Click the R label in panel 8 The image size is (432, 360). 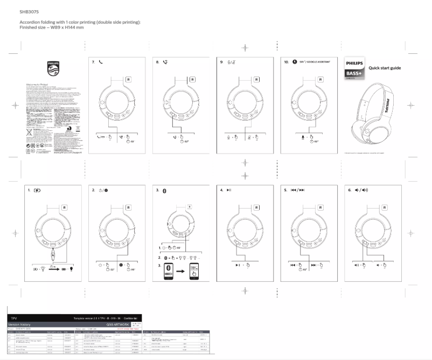192,79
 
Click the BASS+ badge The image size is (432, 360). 354,73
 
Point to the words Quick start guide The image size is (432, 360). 385,68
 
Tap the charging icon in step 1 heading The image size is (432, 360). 37,190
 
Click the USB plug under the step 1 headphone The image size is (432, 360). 53,253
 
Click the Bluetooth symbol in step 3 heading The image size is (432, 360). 165,190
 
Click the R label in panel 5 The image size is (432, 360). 320,207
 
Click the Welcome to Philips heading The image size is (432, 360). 36,85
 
